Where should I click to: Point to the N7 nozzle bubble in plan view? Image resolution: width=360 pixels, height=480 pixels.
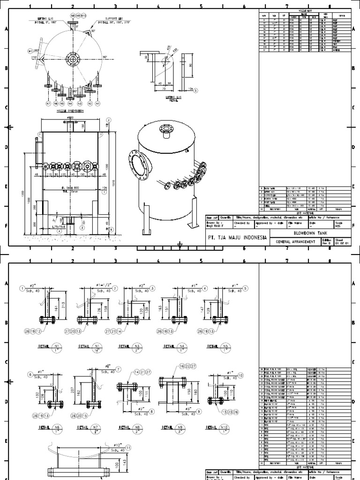pos(48,103)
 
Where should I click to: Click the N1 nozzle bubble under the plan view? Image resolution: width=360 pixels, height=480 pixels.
pos(97,103)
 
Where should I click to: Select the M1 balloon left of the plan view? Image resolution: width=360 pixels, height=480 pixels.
pos(31,51)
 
